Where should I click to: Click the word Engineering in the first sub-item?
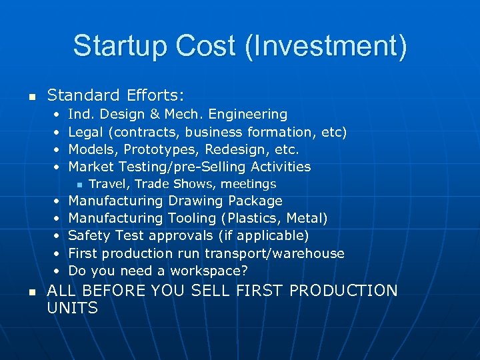[x=249, y=115]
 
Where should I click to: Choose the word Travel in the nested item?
[x=107, y=184]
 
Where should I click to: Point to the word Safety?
[x=89, y=235]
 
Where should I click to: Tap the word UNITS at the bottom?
[x=73, y=308]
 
